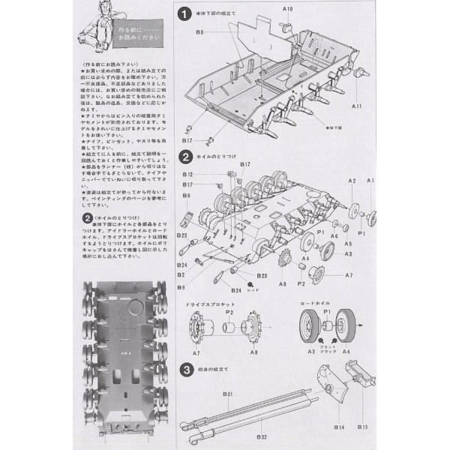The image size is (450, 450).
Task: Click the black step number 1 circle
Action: [184, 14]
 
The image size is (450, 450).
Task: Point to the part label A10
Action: [288, 8]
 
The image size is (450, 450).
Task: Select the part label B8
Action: [200, 32]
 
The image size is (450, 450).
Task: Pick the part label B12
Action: [187, 175]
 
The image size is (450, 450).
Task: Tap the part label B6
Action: [185, 196]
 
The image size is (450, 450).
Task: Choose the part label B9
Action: [181, 286]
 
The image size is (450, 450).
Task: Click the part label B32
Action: [261, 436]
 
